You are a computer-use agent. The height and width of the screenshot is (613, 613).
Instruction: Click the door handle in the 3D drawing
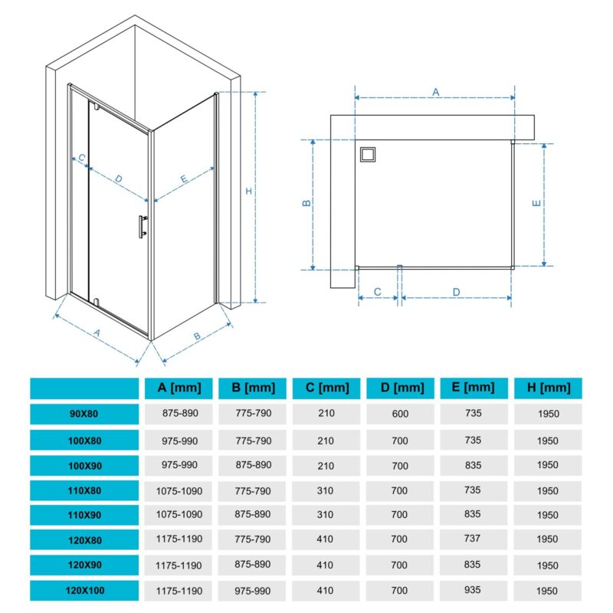pyautogui.click(x=143, y=226)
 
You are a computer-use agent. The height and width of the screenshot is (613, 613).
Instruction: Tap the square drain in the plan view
pyautogui.click(x=368, y=155)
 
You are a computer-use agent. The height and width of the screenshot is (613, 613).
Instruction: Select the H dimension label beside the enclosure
pyautogui.click(x=248, y=191)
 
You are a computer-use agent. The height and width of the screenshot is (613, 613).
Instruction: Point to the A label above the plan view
pyautogui.click(x=436, y=92)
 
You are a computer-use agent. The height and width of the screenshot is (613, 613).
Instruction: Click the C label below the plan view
pyautogui.click(x=377, y=292)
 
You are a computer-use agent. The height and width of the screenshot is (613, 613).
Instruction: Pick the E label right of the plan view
pyautogui.click(x=536, y=203)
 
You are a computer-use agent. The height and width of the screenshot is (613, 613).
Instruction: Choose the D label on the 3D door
pyautogui.click(x=119, y=179)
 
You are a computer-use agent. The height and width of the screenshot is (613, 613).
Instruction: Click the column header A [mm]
pyautogui.click(x=179, y=388)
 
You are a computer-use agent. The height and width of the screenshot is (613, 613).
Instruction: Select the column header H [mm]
pyautogui.click(x=548, y=388)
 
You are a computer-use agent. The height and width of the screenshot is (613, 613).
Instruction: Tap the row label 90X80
pyautogui.click(x=84, y=414)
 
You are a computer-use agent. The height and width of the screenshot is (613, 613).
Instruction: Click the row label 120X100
pyautogui.click(x=85, y=590)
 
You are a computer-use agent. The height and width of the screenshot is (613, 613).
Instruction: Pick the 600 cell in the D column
pyautogui.click(x=400, y=414)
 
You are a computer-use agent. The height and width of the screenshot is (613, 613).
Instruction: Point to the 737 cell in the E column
pyautogui.click(x=472, y=539)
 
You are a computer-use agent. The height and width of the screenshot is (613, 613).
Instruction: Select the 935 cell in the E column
pyautogui.click(x=472, y=590)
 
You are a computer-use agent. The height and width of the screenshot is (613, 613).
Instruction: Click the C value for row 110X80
pyautogui.click(x=325, y=490)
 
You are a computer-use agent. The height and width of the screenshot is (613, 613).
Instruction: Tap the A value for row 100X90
pyautogui.click(x=179, y=465)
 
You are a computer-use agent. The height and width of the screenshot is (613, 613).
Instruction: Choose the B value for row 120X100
pyautogui.click(x=253, y=591)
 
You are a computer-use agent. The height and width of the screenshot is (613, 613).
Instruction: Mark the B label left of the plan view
pyautogui.click(x=307, y=203)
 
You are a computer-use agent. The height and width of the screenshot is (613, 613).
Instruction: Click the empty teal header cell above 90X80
pyautogui.click(x=84, y=388)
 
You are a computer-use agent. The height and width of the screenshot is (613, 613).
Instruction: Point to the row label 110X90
pyautogui.click(x=84, y=515)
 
